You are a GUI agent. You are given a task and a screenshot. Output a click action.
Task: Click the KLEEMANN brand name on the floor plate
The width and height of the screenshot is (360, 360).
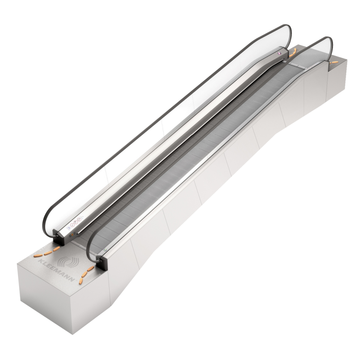pos(57,270)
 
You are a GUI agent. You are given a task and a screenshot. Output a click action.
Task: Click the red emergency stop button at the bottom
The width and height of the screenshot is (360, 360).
pos(72,235)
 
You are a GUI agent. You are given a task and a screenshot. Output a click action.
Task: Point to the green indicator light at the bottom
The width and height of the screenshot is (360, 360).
pos(106,250)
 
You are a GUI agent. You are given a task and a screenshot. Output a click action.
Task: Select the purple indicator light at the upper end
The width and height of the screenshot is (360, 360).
pos(279,53)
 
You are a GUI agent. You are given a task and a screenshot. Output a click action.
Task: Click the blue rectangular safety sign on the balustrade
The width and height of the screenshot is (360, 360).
pos(68,227)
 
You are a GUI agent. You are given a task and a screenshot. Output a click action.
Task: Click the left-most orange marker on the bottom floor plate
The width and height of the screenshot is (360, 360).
pos(37,255)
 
